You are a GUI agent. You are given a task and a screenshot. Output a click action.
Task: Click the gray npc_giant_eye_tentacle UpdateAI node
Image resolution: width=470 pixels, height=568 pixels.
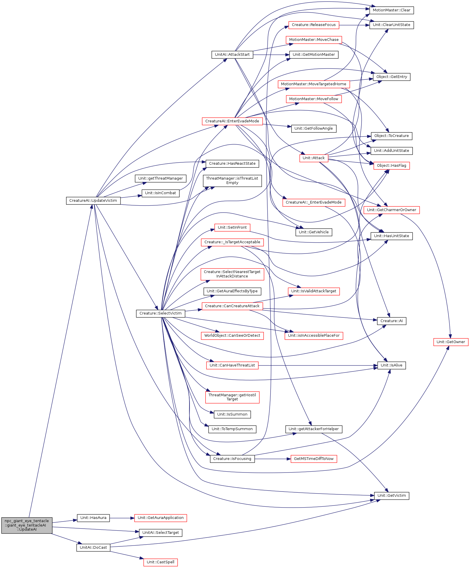coord(27,525)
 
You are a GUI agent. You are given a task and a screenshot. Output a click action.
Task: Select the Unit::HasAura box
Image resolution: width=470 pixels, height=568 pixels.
coord(93,518)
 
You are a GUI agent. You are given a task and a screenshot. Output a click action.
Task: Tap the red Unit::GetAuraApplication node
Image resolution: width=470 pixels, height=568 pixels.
coord(161,518)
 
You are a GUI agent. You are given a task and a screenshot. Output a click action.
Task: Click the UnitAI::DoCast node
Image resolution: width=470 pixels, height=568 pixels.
coord(93,548)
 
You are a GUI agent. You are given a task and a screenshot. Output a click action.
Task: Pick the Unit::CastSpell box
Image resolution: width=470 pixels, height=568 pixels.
coord(161,562)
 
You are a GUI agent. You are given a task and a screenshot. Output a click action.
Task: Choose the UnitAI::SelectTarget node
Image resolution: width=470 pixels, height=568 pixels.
coord(161,533)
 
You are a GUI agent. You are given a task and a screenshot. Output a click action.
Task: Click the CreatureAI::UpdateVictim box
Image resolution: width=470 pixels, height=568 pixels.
coord(93,201)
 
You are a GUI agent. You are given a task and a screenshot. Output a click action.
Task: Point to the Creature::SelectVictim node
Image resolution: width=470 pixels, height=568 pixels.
coord(161,313)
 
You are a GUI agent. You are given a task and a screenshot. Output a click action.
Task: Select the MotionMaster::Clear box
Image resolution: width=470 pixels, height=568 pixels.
coord(391,10)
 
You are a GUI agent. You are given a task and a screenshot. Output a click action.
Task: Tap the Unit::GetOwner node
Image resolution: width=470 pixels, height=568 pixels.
coord(451,342)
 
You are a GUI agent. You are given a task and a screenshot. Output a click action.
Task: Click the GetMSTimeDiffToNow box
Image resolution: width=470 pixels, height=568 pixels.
coord(314,459)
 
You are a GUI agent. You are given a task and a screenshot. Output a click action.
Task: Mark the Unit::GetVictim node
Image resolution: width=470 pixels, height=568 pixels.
coord(392,496)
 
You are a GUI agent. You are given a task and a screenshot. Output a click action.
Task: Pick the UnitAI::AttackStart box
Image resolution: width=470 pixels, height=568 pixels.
coord(232,55)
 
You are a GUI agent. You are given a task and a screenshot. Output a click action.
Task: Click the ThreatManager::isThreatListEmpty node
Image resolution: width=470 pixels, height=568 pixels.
coord(232,181)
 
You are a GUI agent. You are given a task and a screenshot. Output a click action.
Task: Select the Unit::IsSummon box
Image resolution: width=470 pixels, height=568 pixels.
coord(232,414)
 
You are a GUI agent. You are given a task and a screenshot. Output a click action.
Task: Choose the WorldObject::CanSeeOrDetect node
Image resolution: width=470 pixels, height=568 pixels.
coord(232,336)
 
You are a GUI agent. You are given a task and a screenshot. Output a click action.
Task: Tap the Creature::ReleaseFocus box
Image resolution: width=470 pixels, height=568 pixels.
coord(314,25)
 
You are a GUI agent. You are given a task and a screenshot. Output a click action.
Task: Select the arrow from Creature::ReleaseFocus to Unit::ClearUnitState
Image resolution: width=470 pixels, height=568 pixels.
coord(354,25)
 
